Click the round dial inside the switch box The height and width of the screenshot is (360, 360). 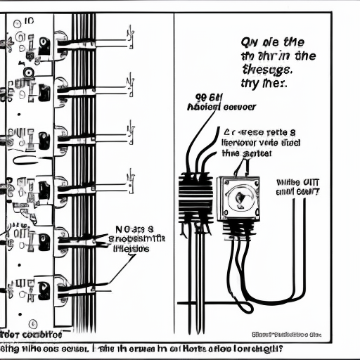pyautogui.click(x=238, y=199)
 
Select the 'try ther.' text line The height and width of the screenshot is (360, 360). pyautogui.click(x=265, y=84)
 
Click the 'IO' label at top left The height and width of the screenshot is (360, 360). pyautogui.click(x=29, y=22)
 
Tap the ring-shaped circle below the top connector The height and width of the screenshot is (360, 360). pyautogui.click(x=28, y=72)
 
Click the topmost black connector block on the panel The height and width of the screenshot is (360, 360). pyautogui.click(x=44, y=46)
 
